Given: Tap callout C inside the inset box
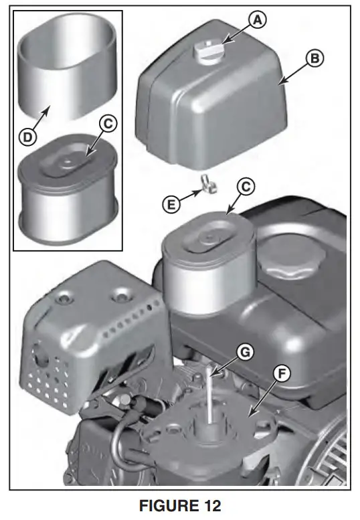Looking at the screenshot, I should click(108, 124).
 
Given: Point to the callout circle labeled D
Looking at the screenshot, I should click(27, 138).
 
